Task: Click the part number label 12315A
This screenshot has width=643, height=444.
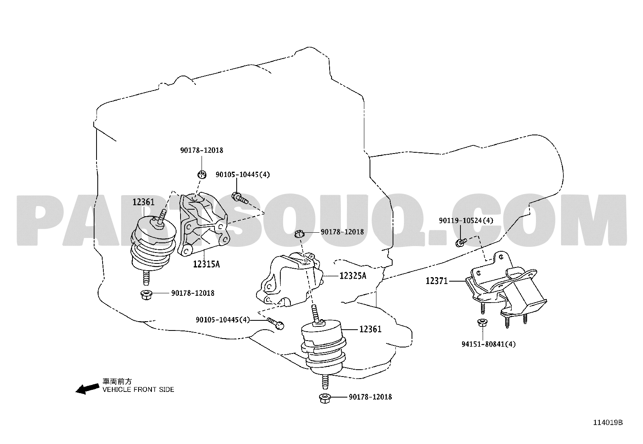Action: [206, 264]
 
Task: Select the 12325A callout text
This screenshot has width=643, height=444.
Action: [353, 276]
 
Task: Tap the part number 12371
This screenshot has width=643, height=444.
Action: [437, 281]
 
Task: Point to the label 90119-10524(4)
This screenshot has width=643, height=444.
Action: [466, 221]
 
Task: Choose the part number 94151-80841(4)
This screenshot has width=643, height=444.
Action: [489, 344]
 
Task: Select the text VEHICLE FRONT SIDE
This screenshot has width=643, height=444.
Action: [139, 390]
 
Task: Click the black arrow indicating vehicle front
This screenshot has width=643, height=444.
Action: [88, 389]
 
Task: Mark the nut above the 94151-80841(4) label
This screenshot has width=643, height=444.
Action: [482, 322]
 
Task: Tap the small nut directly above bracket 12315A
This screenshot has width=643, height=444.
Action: [202, 174]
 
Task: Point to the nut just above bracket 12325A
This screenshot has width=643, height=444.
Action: [299, 234]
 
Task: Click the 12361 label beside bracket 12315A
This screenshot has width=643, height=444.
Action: [143, 202]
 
